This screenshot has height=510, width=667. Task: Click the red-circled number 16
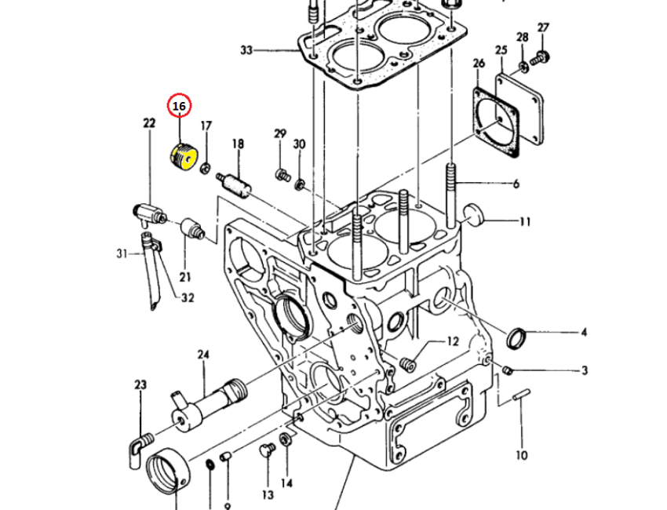point(179,105)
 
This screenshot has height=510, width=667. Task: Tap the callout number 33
point(247,51)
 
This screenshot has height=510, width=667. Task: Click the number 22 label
point(149,122)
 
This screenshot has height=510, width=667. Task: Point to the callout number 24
point(203,355)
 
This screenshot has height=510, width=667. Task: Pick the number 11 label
point(524,222)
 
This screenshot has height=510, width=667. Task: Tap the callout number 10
point(522,454)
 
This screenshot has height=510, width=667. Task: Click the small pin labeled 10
point(523,397)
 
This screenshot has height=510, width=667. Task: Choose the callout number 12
point(452,341)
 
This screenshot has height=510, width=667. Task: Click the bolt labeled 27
point(539,56)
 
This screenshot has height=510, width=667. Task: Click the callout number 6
point(516,184)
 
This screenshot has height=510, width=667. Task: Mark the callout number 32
point(188,297)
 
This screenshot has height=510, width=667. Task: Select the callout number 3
point(584,370)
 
